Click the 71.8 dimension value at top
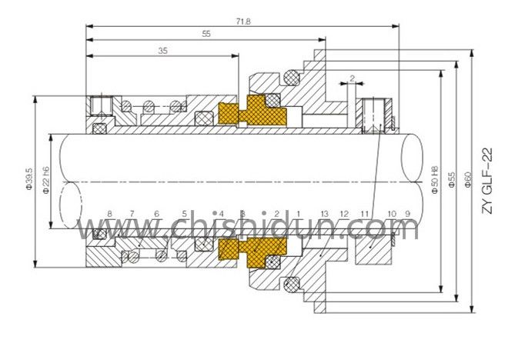pos(244,21)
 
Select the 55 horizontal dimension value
pos(206,35)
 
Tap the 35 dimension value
pos(162,52)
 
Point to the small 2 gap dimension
pos(352,78)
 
